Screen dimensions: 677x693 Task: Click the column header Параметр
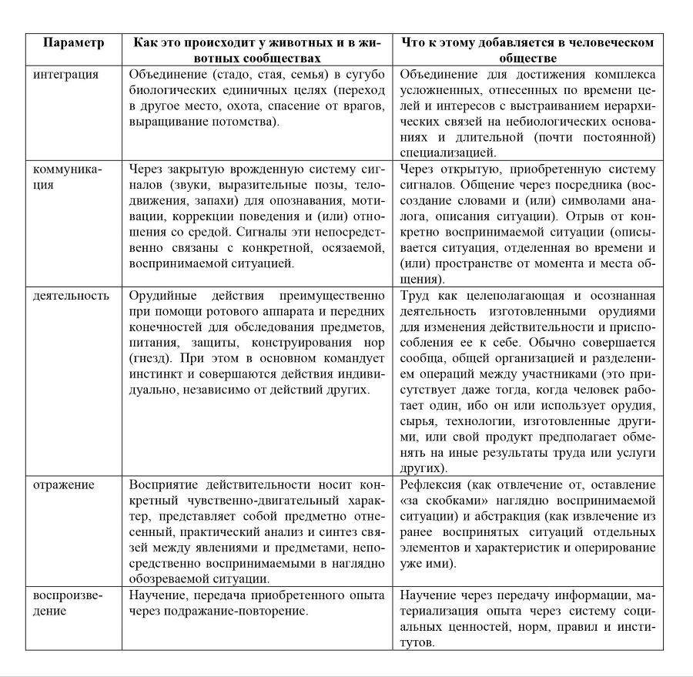tap(73, 42)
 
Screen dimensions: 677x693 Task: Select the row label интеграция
tap(65, 75)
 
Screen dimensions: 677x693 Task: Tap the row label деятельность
tap(71, 296)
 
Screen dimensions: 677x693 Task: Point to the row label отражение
tap(63, 484)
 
